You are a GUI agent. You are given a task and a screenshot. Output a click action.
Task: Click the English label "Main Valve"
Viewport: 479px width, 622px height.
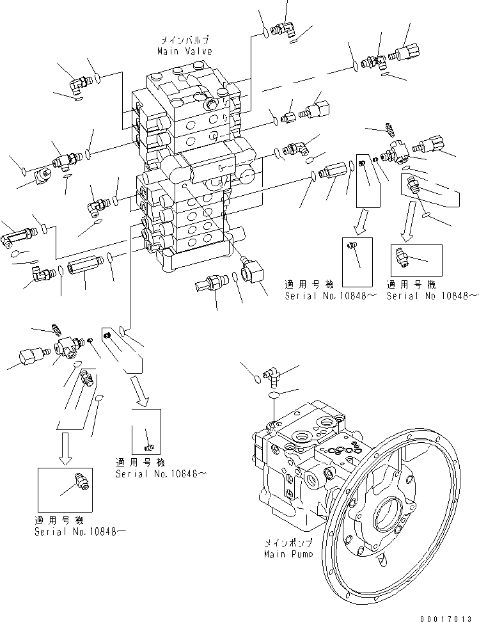[x=185, y=51]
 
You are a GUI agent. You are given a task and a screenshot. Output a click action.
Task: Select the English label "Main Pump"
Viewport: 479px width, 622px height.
[x=288, y=554]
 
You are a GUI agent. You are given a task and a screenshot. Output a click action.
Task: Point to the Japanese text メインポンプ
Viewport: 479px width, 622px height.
[x=288, y=543]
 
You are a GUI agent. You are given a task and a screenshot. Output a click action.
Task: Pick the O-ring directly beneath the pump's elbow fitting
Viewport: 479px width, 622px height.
[x=275, y=397]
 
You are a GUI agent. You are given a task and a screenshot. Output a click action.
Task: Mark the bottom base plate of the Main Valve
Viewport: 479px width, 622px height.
[x=192, y=259]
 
